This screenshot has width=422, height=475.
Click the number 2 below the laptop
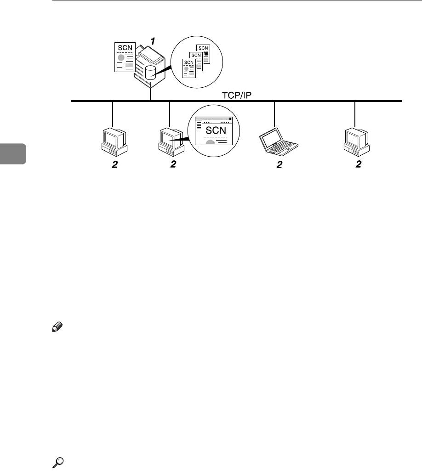point(279,165)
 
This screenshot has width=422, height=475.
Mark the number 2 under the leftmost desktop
point(114,165)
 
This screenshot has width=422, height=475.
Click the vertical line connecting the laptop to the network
point(274,114)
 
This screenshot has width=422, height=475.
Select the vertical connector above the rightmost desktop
point(355,114)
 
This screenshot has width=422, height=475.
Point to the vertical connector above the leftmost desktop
point(113,114)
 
